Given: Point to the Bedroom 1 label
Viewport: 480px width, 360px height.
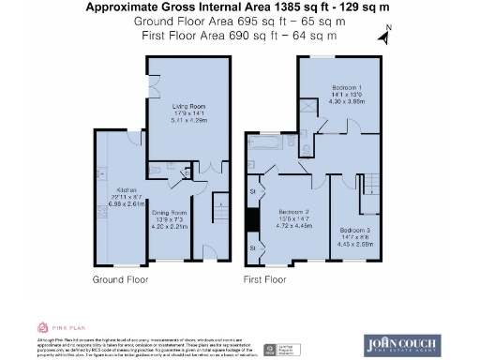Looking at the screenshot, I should pyautogui.click(x=345, y=87).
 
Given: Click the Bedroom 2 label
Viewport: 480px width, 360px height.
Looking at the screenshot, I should pyautogui.click(x=293, y=212).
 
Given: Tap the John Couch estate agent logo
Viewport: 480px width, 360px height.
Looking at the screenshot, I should pyautogui.click(x=402, y=344).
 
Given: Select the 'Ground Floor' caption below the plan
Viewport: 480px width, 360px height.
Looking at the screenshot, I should pyautogui.click(x=120, y=279).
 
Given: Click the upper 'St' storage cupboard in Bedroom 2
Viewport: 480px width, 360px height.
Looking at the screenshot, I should pyautogui.click(x=253, y=191).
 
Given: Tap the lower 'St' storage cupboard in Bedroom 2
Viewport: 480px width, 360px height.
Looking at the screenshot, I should pyautogui.click(x=253, y=247).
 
